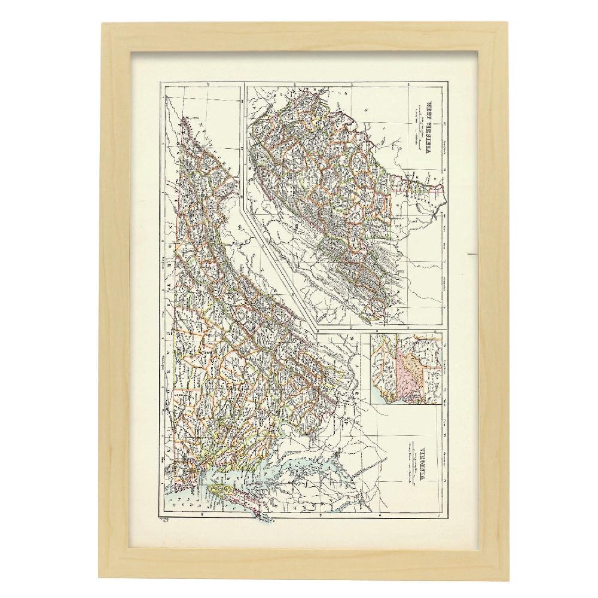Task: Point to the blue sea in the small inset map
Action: pos(383,395)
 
